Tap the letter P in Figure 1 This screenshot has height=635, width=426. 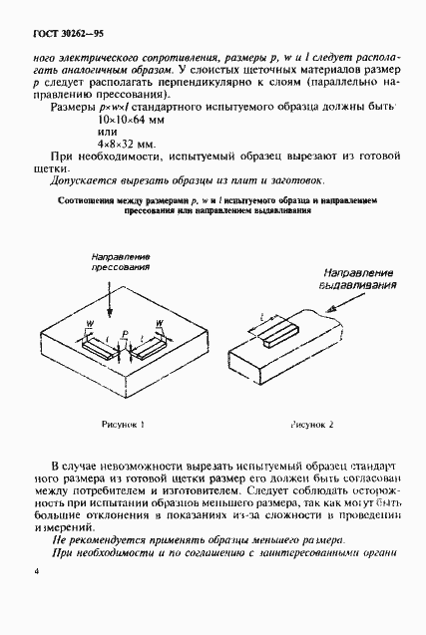124,335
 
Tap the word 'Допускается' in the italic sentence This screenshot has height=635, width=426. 82,181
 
